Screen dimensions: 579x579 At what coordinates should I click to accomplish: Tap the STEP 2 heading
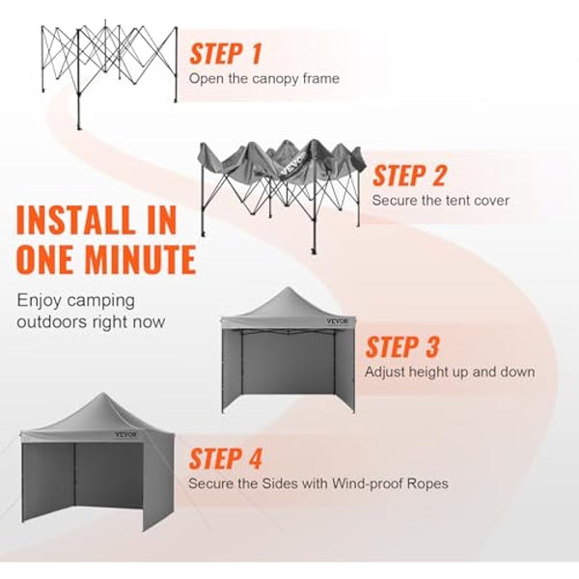click(410, 176)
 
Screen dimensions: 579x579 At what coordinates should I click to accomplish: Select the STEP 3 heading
click(402, 347)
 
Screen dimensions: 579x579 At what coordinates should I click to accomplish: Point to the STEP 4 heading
click(225, 458)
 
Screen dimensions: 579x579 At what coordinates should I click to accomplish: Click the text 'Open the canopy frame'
click(263, 79)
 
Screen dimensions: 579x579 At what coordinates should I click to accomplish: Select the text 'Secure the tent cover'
click(441, 201)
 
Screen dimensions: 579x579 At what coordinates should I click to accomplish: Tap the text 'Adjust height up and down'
click(450, 372)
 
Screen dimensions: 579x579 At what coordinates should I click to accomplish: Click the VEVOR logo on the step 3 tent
click(341, 323)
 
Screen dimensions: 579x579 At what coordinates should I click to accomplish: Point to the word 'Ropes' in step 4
click(428, 482)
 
